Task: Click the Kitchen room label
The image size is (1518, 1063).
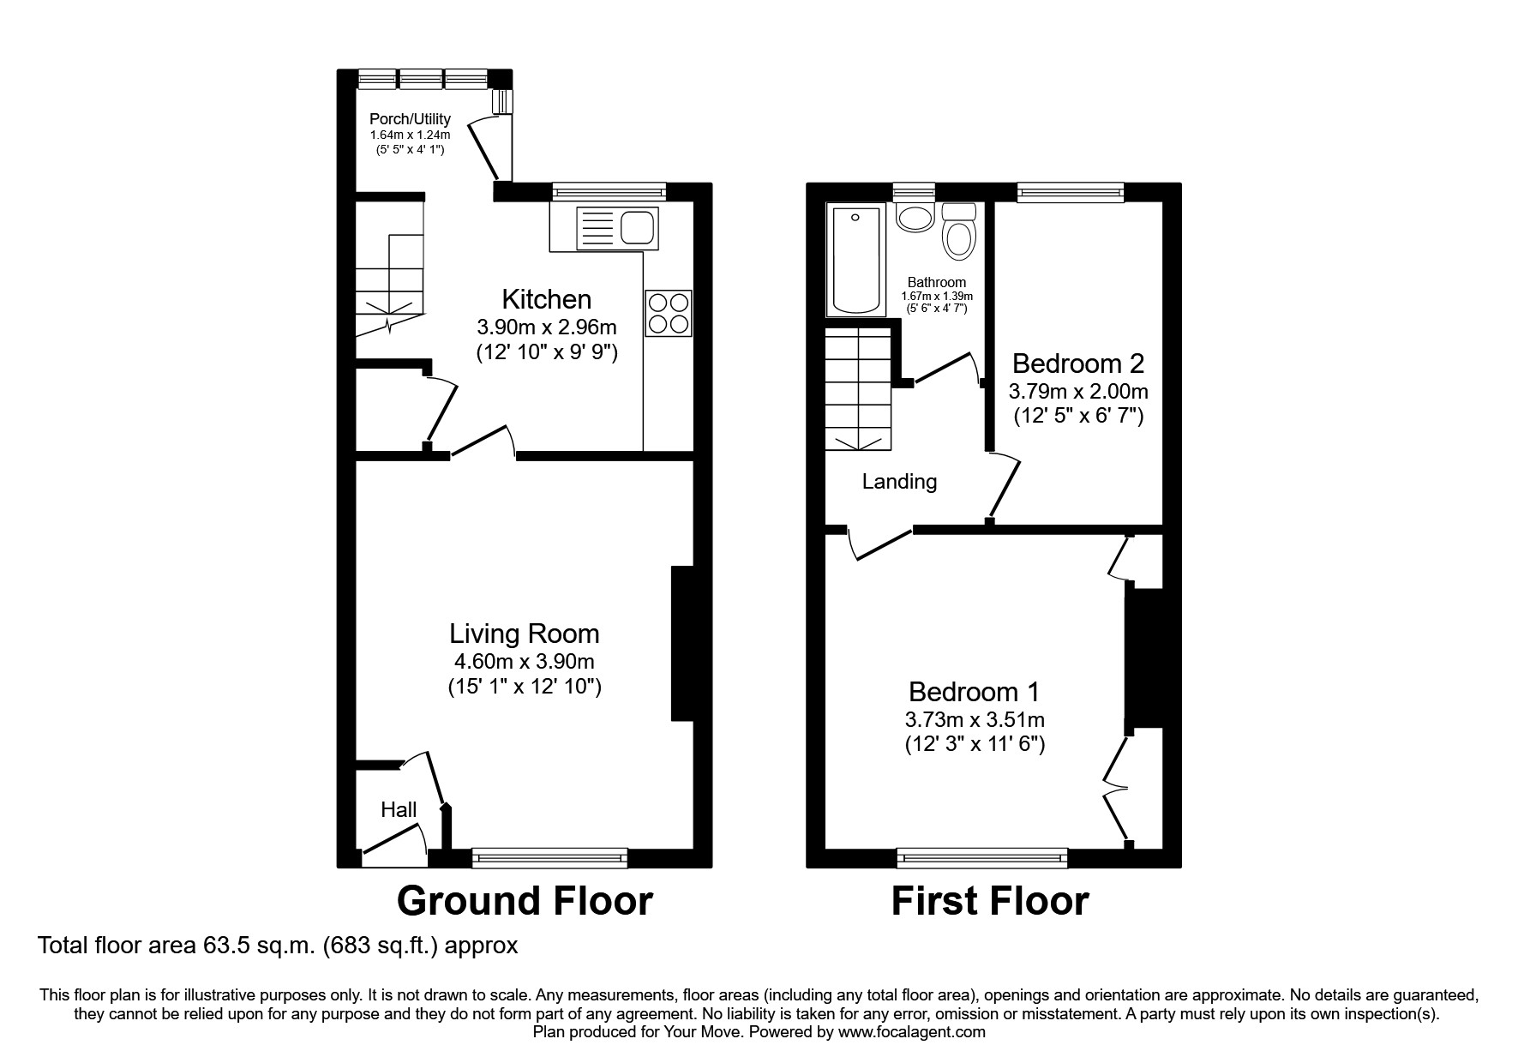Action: pos(546,299)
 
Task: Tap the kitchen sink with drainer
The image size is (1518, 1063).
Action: pos(617,229)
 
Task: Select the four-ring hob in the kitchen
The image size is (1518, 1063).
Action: pos(669,313)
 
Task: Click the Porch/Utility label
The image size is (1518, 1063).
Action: pos(410,119)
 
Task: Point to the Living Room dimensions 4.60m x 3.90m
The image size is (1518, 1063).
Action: pos(524,661)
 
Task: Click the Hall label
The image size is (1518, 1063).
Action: pos(399,809)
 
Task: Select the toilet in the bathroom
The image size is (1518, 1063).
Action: pos(958,233)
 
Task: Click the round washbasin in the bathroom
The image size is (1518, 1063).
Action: pos(915,217)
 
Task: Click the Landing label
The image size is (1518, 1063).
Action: pos(899,481)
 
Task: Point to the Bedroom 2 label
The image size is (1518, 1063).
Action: pos(1077,363)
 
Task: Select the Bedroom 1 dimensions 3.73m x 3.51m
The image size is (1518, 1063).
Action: pos(975,719)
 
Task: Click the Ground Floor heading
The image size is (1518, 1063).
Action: pos(525,901)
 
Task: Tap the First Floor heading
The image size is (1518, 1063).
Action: pos(990,901)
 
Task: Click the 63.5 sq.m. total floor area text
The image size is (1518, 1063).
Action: pos(278,946)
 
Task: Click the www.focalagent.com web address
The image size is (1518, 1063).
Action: pos(912,1032)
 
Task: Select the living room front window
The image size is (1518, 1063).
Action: pos(549,856)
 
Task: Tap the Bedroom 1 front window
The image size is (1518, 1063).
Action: pos(982,856)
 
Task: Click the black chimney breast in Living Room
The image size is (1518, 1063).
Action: pos(682,643)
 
